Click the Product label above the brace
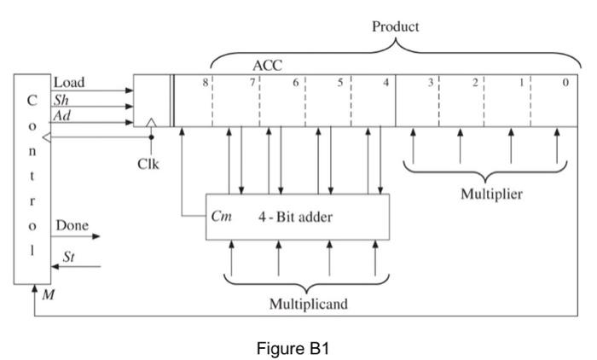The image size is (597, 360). (x=395, y=26)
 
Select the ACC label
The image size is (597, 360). (x=267, y=66)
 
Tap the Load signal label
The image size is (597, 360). (x=69, y=82)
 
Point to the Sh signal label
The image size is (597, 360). (x=61, y=100)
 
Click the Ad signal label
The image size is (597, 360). (x=61, y=115)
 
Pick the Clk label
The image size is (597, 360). (x=148, y=164)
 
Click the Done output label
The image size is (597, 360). (x=72, y=225)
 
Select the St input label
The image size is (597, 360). (x=68, y=257)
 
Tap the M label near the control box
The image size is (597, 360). (x=49, y=294)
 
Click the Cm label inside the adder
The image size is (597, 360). (x=221, y=217)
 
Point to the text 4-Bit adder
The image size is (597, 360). (x=295, y=218)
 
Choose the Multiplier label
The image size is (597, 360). (x=491, y=194)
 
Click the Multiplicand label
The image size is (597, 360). (x=309, y=304)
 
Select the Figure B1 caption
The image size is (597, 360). (x=293, y=348)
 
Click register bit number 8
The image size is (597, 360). (x=206, y=82)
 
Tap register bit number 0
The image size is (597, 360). (x=565, y=82)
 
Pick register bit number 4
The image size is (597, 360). (x=386, y=82)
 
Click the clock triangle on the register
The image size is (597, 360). (x=151, y=122)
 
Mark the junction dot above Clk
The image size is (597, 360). (x=151, y=136)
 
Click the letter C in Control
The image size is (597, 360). (x=32, y=100)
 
